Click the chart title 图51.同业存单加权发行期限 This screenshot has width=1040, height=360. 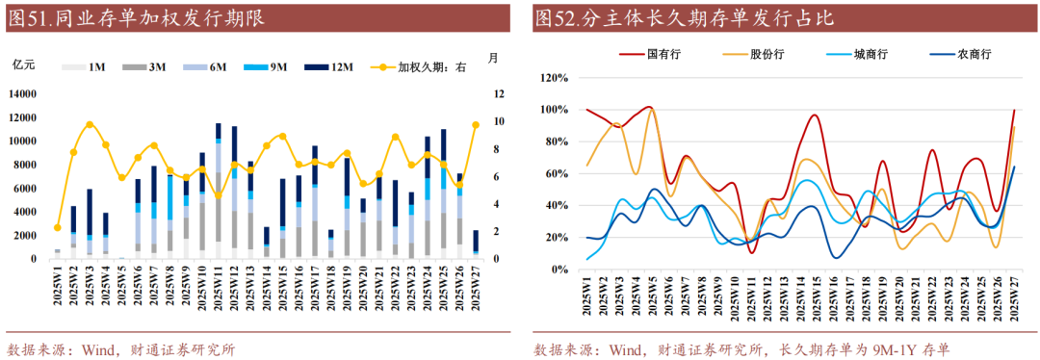(135, 17)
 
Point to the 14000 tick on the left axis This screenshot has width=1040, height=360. (24, 94)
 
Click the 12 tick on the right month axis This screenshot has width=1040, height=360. (498, 94)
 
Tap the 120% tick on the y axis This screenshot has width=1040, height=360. (556, 77)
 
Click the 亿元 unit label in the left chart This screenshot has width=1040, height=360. (23, 64)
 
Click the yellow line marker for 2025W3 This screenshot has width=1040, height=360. (90, 124)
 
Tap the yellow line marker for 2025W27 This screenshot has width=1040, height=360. (476, 124)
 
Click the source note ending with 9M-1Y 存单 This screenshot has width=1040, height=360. (741, 348)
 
